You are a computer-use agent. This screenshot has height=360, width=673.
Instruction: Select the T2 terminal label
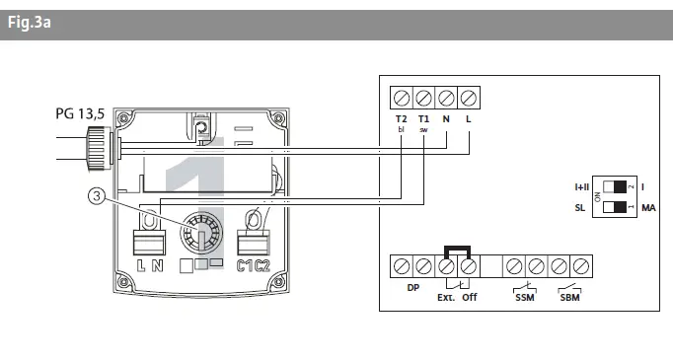coord(401,118)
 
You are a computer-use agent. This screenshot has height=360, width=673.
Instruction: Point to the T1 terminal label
coord(423,118)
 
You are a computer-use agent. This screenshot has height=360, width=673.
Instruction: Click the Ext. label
coord(445,297)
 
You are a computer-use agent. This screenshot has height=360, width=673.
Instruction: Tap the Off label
coord(469,297)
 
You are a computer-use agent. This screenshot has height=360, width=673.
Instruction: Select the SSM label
coord(524,297)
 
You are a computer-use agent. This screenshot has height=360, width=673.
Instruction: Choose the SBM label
coord(569,297)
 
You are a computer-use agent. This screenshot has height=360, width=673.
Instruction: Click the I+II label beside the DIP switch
coord(583,185)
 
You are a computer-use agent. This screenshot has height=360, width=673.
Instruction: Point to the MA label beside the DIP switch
coord(649,207)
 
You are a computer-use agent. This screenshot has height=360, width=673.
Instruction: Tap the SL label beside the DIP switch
coord(580,207)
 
